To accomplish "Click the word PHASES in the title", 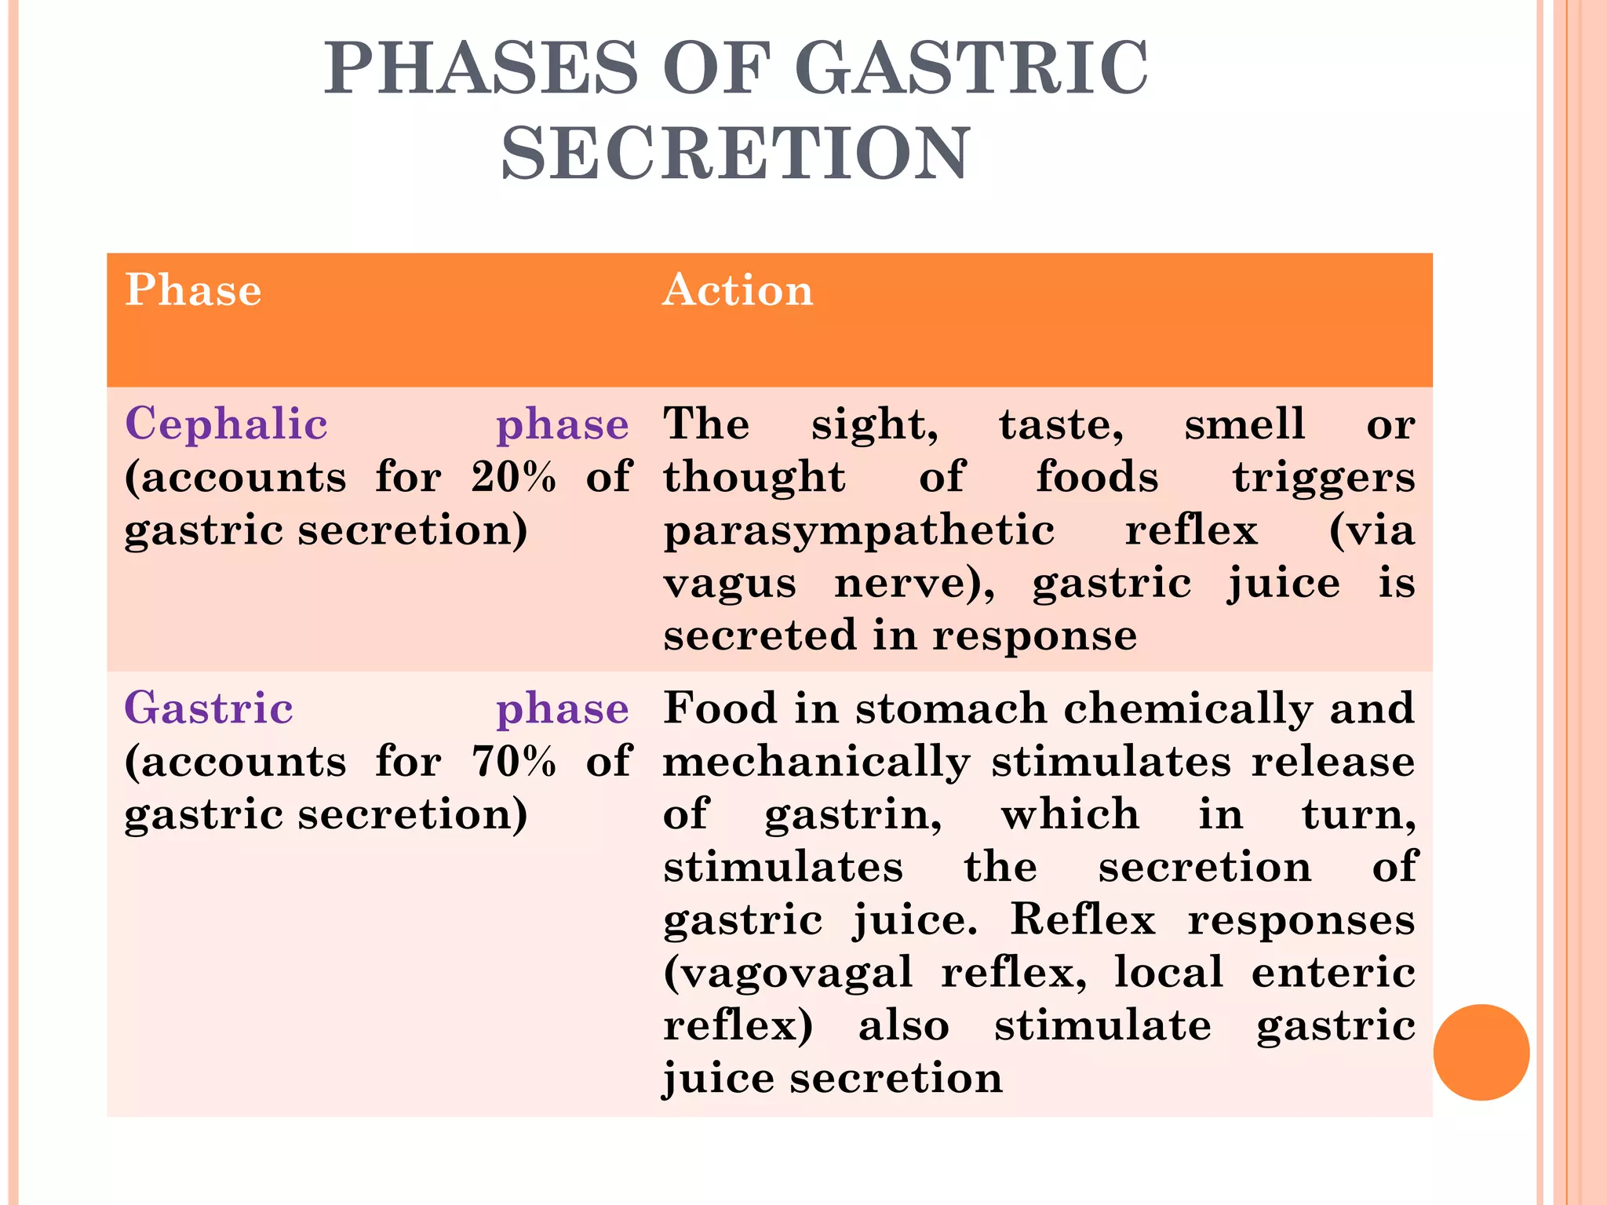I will tap(482, 69).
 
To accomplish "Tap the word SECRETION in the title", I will tap(735, 154).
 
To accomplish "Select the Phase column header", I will tap(193, 290).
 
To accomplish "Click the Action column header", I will tap(738, 290).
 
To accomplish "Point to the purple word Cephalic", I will tap(226, 424).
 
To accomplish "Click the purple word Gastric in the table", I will tap(209, 708).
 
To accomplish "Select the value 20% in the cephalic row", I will tap(514, 477).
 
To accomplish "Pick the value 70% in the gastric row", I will tap(514, 761).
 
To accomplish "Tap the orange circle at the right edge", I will tap(1481, 1052).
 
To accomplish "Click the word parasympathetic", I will tap(859, 531).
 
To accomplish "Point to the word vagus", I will tap(730, 584).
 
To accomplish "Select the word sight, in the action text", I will tap(875, 426).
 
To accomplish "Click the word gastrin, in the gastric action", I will tap(854, 815).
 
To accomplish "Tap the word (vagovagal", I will tap(788, 974).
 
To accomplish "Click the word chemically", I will tap(1188, 709).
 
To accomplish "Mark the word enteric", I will tap(1333, 973).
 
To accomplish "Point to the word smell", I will tap(1244, 424).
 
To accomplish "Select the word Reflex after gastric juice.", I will tap(1083, 919).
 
